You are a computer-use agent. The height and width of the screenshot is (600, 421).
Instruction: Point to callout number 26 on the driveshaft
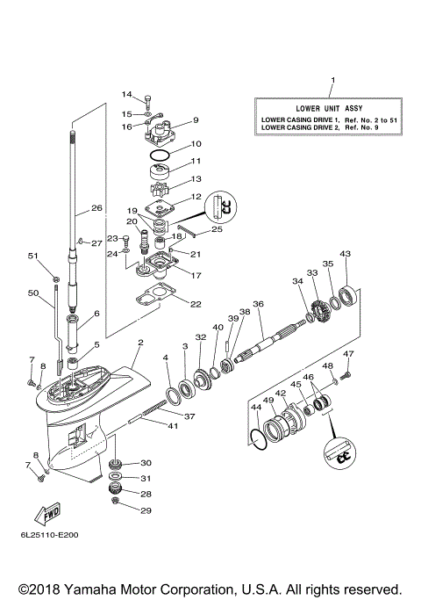(x=96, y=210)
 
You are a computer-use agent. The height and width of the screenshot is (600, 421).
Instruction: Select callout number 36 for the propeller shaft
(x=258, y=304)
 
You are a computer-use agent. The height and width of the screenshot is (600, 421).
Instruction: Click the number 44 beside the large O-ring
(x=256, y=408)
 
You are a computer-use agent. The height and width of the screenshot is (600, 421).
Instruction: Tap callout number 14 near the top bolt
(x=126, y=95)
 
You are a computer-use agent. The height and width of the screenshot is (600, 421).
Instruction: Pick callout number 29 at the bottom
(x=146, y=510)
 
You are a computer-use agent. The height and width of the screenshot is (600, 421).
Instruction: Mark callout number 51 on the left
(x=33, y=257)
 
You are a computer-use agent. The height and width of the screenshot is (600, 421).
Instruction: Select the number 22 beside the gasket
(x=195, y=304)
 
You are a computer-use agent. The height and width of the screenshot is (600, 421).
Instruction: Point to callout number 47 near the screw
(x=349, y=353)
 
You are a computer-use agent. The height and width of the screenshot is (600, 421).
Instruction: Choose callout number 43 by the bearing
(x=345, y=254)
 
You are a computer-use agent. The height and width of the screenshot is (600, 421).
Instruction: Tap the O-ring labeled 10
(x=159, y=155)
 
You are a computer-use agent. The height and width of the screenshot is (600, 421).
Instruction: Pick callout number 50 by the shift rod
(x=33, y=293)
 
